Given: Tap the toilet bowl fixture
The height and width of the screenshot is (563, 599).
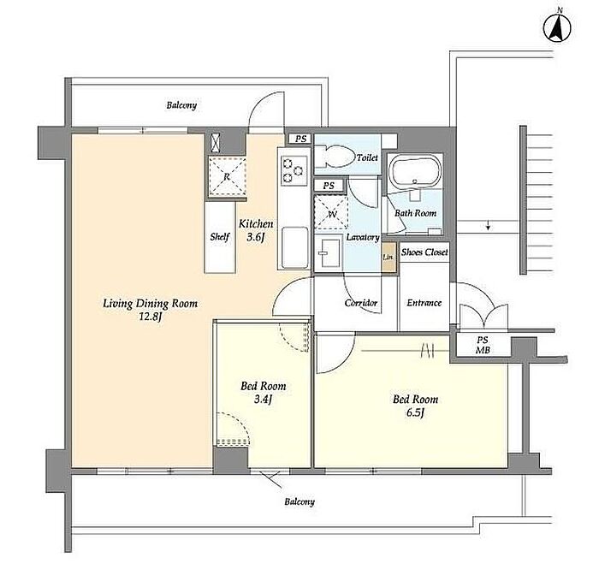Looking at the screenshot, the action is (x=335, y=157).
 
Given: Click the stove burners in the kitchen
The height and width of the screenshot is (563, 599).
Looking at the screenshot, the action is (x=294, y=171).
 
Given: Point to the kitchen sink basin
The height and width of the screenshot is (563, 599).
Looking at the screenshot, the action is (x=294, y=248).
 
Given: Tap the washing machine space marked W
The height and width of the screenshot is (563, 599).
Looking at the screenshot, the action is (x=331, y=212).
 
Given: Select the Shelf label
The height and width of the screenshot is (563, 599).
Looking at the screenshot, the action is (x=220, y=237).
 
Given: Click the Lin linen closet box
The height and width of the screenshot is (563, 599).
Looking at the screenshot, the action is (x=388, y=257).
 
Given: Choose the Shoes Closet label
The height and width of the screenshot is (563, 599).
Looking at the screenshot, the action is (x=424, y=252).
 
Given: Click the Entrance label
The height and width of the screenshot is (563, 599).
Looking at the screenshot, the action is (x=424, y=303).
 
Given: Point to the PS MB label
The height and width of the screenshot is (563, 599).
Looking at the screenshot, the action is (x=483, y=345).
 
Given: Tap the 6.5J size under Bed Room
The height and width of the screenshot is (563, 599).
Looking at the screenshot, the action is (x=415, y=413).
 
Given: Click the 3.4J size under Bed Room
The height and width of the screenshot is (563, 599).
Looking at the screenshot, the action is (x=263, y=400).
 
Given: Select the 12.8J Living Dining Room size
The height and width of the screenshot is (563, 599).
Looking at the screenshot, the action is (x=151, y=317).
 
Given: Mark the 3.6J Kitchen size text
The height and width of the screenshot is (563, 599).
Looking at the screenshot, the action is (x=256, y=237).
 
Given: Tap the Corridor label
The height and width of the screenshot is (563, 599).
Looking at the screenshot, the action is (x=361, y=303).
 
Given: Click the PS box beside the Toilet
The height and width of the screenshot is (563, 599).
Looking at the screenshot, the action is (x=300, y=139).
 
